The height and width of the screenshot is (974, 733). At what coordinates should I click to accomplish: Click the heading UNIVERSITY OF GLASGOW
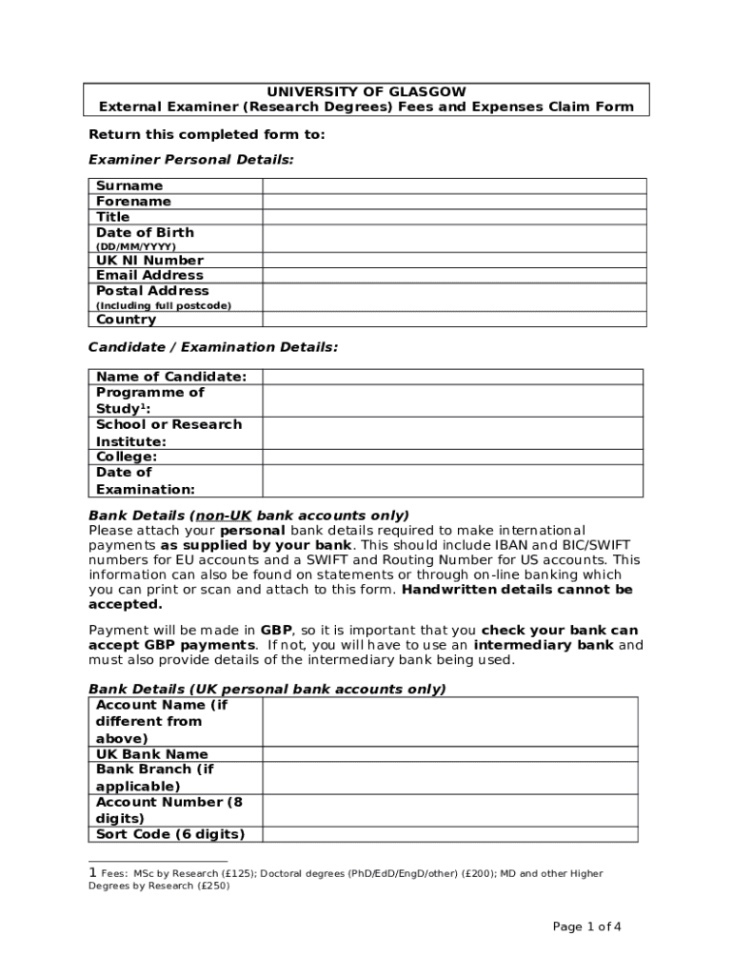366,91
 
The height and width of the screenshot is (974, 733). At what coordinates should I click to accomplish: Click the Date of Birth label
145,232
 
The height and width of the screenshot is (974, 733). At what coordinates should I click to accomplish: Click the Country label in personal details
126,320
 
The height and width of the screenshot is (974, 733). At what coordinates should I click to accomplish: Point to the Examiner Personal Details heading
190,159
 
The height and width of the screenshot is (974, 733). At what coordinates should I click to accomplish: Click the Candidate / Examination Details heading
212,347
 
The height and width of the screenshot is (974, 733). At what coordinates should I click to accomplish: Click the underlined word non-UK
224,515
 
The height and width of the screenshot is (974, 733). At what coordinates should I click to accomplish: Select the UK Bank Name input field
450,754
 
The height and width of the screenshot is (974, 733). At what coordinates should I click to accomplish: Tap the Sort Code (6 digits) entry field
450,834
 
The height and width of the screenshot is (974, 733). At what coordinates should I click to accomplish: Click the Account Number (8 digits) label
168,809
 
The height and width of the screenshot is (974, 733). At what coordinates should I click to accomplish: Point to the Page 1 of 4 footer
587,927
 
